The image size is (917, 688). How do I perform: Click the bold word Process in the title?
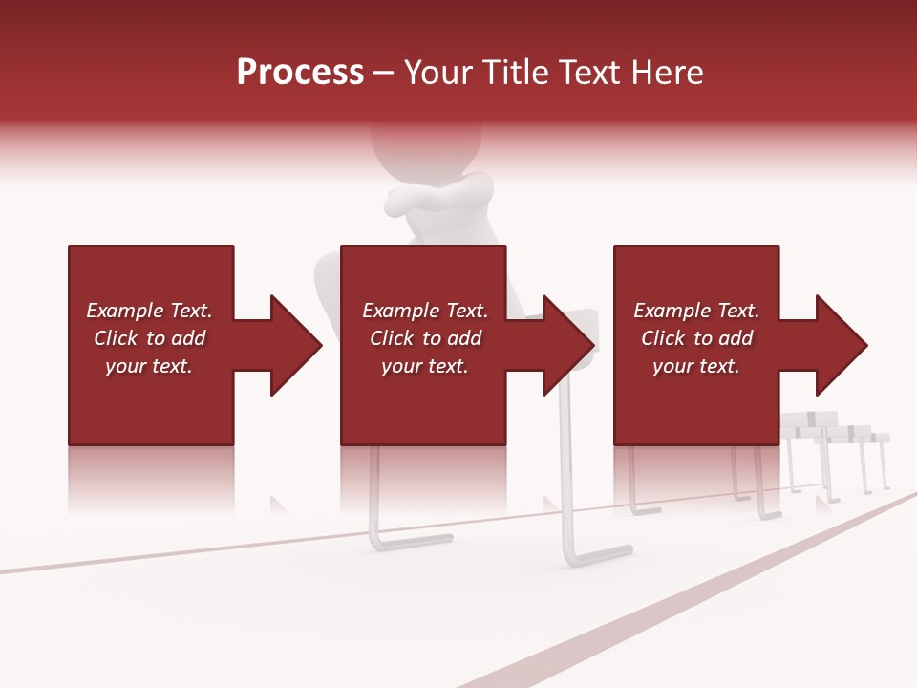click(x=300, y=73)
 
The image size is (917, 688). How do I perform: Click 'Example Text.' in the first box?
click(x=150, y=311)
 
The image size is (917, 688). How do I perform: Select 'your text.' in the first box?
click(x=150, y=366)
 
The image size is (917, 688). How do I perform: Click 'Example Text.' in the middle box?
click(x=424, y=311)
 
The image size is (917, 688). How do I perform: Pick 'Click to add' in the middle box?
click(x=424, y=338)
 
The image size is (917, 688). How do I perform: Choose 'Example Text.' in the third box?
click(x=696, y=311)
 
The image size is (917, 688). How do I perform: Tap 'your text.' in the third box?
click(x=696, y=366)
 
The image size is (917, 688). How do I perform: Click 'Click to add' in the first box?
click(x=150, y=338)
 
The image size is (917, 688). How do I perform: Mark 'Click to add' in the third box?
click(x=696, y=338)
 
